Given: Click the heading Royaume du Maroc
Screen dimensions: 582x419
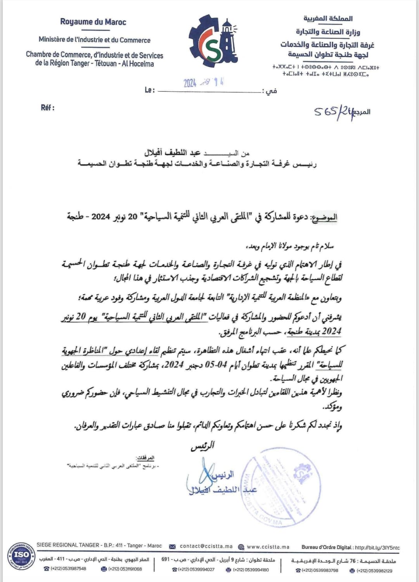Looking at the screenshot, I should coord(93,22).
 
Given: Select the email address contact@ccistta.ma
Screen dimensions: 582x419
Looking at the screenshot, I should coord(206,546).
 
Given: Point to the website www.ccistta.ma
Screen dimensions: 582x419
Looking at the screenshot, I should coord(268,547).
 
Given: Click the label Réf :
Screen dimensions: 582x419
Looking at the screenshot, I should coord(47,108).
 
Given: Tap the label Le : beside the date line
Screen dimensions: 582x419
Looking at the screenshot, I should coord(150,90).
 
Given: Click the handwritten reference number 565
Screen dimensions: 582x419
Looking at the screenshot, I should coord(325,112).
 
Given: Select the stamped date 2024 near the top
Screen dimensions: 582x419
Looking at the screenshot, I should coord(190,83).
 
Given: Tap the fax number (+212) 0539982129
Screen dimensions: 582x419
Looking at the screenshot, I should coord(374,570).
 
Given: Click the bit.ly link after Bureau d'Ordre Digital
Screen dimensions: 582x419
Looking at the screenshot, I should coord(377,547).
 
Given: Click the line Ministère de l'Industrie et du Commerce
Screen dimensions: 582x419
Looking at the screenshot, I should coord(94,40).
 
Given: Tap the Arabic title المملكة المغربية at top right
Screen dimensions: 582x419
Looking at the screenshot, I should coord(328,18).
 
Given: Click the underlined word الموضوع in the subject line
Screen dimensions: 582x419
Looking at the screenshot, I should coord(324,217).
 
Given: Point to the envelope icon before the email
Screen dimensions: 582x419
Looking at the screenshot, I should coord(173,547).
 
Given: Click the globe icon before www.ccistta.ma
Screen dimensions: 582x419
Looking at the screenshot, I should coord(241,547).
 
